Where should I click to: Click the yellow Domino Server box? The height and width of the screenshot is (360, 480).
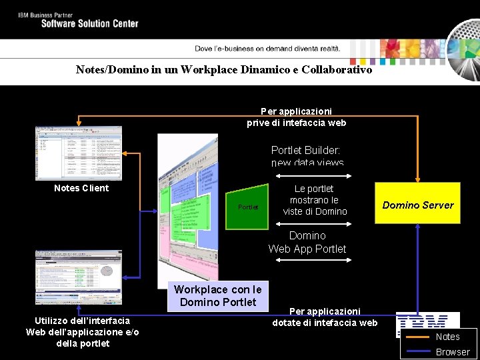[x=417, y=203]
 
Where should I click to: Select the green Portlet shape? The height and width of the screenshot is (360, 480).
[x=247, y=207]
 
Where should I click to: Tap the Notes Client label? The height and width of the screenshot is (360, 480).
[x=81, y=188]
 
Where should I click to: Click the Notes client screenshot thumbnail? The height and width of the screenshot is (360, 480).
[x=79, y=153]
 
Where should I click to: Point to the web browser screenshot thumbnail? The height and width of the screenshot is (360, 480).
[x=79, y=277]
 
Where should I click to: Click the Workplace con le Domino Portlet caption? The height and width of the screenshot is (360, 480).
[x=217, y=295]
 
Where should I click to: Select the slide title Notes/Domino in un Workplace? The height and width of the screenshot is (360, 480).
[x=224, y=69]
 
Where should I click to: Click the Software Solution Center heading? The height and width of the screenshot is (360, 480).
[x=89, y=23]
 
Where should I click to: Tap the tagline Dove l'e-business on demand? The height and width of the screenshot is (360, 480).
[x=267, y=48]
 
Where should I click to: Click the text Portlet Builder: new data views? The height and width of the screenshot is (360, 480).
[x=307, y=156]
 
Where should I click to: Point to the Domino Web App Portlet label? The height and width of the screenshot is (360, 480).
[x=307, y=242]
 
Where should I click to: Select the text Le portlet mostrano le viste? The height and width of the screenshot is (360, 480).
[x=315, y=200]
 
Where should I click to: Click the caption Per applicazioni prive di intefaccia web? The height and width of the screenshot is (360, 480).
[x=296, y=117]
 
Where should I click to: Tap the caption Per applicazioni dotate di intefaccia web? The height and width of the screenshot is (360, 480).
[x=325, y=317]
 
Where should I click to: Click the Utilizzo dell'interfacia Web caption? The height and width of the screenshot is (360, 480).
[x=83, y=332]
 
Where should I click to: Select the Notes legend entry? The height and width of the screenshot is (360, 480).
[x=447, y=337]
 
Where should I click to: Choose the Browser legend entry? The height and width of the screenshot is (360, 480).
[x=453, y=352]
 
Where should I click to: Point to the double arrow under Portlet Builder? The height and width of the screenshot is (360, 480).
[x=313, y=176]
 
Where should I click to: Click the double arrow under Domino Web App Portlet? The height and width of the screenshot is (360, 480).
[x=313, y=260]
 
